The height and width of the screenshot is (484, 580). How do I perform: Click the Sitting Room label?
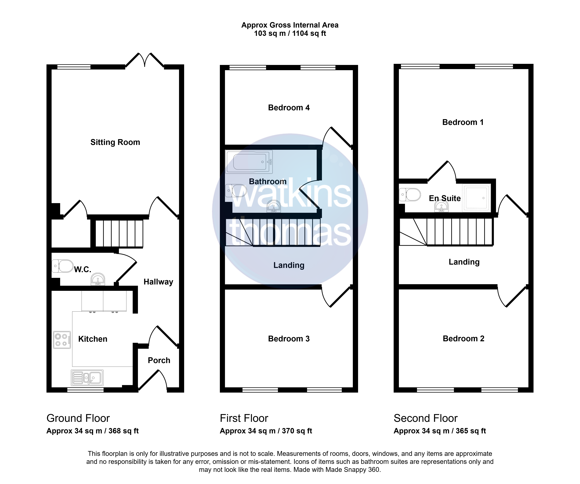tap(115, 142)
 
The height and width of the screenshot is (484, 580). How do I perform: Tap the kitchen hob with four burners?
tap(62, 340)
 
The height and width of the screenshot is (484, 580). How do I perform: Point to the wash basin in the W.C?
tap(98, 279)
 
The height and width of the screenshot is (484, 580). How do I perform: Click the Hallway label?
tap(158, 282)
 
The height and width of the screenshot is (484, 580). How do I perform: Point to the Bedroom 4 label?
tap(289, 108)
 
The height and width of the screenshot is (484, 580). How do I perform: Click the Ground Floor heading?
tap(78, 418)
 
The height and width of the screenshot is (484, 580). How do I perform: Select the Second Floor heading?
tap(426, 418)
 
